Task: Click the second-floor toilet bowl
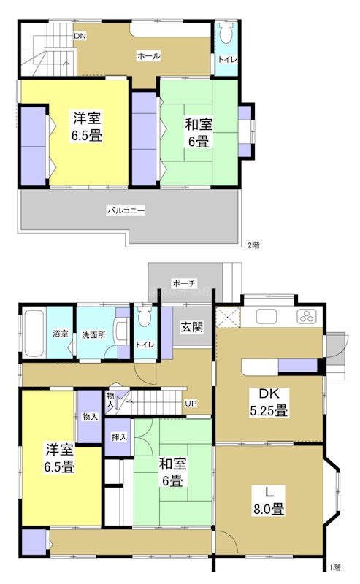(226, 34)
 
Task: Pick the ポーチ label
(183, 283)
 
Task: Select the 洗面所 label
(94, 334)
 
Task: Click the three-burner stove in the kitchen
(306, 317)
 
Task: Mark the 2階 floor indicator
(253, 245)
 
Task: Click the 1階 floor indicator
(334, 567)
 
